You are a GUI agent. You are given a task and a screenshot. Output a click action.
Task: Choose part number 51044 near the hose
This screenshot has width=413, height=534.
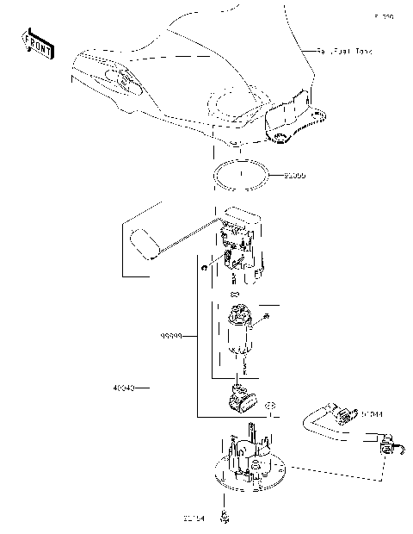tap(371, 414)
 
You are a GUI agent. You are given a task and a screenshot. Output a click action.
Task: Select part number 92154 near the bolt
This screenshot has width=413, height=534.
tap(194, 518)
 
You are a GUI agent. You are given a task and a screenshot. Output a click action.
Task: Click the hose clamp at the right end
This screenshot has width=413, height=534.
tap(389, 450)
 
